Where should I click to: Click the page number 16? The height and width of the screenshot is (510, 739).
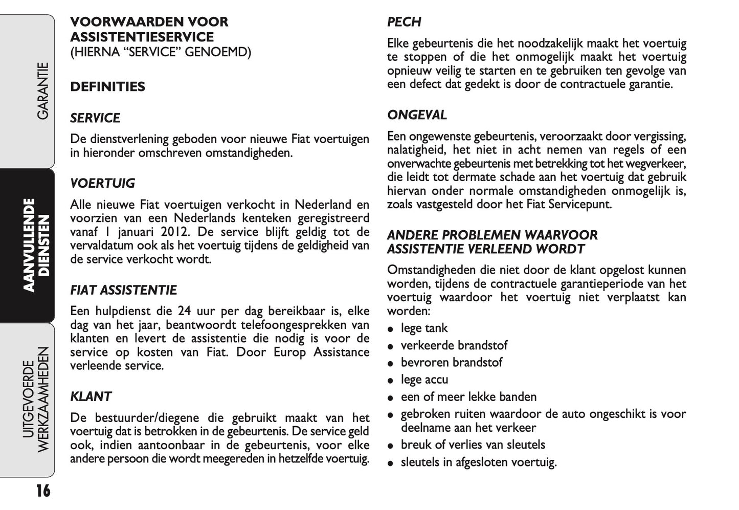click(x=43, y=491)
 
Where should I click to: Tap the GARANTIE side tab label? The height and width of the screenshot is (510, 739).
click(x=42, y=92)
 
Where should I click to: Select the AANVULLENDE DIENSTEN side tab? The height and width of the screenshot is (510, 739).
click(x=37, y=245)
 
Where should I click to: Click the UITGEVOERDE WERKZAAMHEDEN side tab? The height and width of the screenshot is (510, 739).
click(x=37, y=400)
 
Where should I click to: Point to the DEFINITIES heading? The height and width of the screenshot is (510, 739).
click(x=107, y=87)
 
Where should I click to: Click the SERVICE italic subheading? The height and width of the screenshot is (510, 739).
click(x=95, y=118)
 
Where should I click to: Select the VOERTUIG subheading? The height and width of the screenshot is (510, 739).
click(x=102, y=184)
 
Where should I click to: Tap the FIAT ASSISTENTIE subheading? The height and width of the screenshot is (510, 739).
click(x=123, y=291)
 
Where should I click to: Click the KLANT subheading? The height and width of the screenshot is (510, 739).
click(x=91, y=397)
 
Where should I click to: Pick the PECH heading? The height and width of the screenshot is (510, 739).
click(x=404, y=23)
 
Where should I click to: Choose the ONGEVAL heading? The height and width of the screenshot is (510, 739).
click(x=417, y=115)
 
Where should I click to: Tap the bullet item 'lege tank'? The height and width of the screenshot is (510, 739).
click(x=424, y=328)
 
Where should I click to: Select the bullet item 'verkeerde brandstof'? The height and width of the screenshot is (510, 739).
click(x=454, y=346)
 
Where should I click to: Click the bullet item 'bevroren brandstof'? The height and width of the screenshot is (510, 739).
click(x=451, y=363)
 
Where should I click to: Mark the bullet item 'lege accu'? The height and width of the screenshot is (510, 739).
click(x=424, y=380)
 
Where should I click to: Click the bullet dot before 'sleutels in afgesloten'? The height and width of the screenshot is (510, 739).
click(x=390, y=463)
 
